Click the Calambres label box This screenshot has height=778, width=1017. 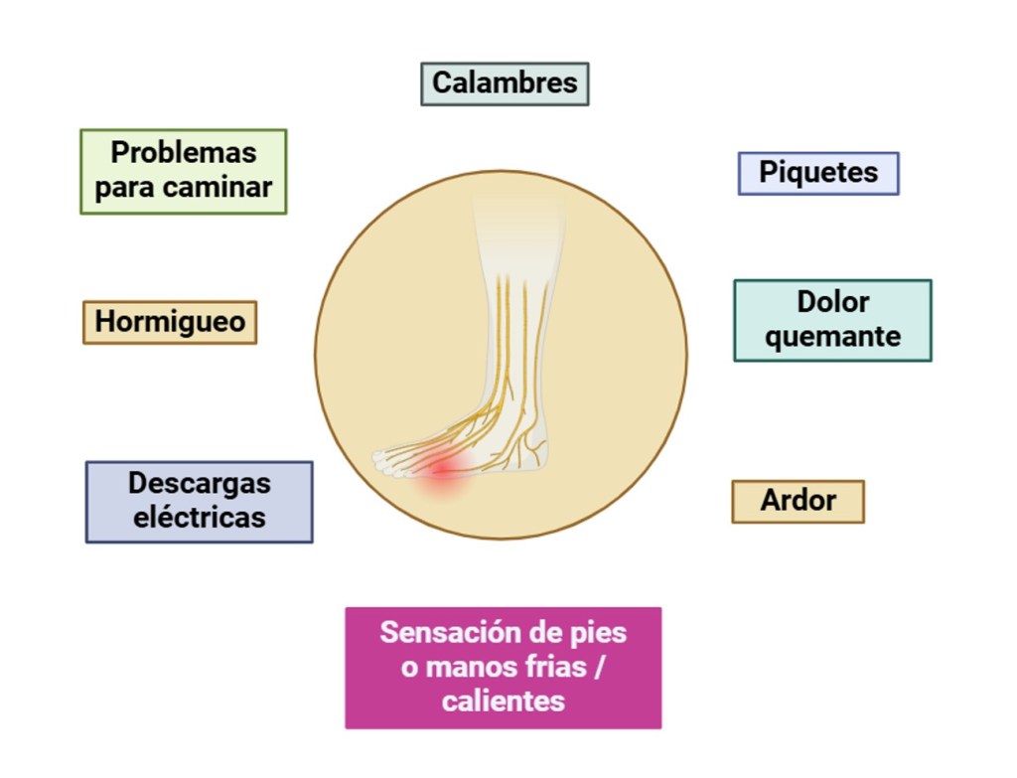click(505, 83)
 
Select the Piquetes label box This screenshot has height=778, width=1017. click(818, 173)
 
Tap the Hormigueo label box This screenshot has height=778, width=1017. click(170, 322)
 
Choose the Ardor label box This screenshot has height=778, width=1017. click(798, 501)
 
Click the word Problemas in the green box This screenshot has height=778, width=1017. click(184, 153)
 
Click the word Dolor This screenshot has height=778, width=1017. click(832, 302)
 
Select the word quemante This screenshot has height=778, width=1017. click(832, 337)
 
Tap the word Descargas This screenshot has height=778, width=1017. click(199, 484)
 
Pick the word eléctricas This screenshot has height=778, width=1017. click(199, 518)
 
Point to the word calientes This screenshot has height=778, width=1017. click(503, 701)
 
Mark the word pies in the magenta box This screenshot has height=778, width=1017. click(601, 633)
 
